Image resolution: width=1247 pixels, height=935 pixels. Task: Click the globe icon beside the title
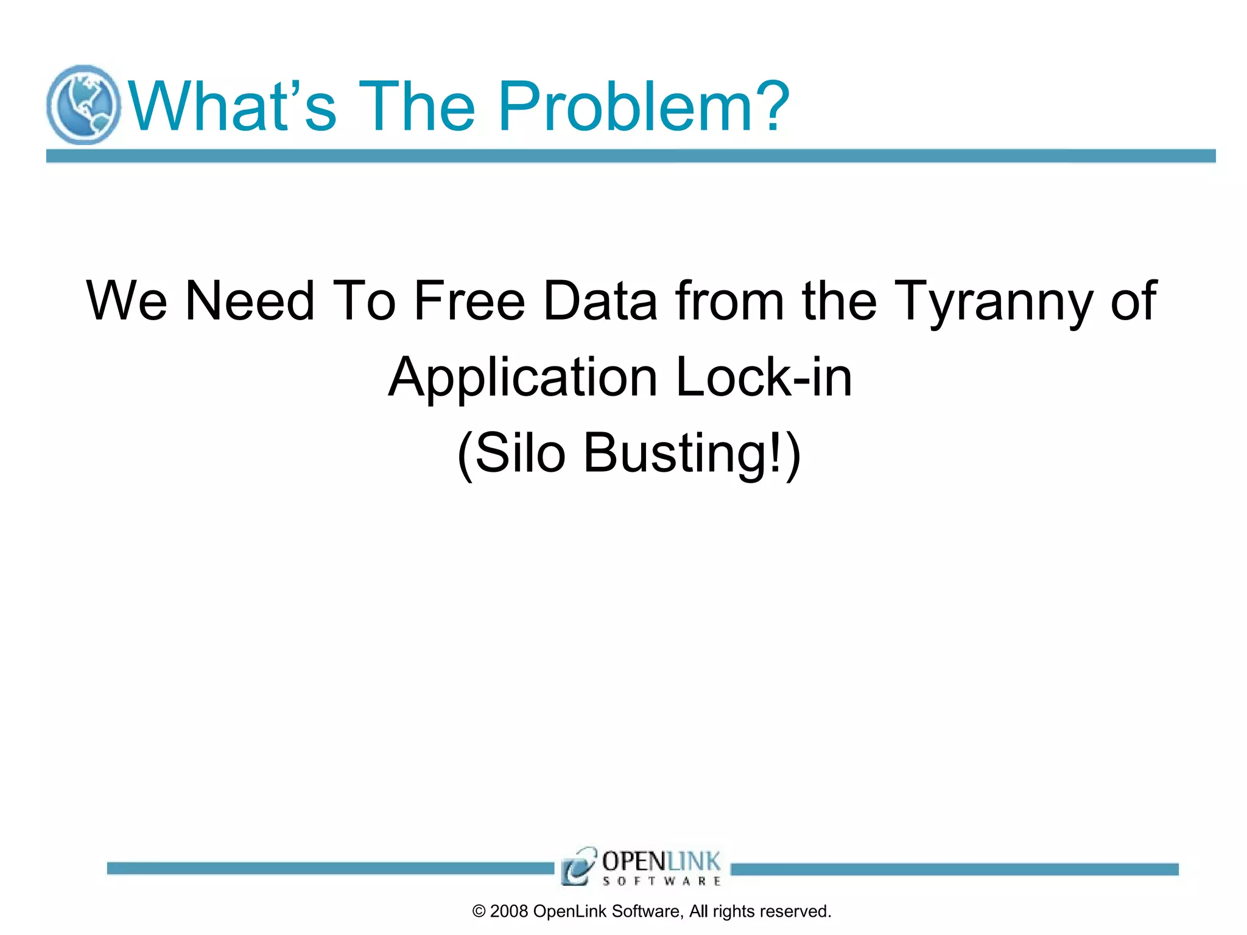tap(83, 105)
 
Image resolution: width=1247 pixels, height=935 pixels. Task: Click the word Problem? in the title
tap(644, 107)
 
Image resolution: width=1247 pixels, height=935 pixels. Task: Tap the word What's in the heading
tap(232, 107)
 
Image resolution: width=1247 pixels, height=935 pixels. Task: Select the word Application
tap(523, 377)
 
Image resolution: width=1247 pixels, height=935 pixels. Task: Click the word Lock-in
tap(764, 377)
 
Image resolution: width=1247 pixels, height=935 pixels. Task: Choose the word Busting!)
tap(692, 453)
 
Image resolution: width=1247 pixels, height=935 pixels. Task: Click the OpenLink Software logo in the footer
tap(641, 866)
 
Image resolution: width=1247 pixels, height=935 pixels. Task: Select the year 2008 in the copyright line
tap(508, 911)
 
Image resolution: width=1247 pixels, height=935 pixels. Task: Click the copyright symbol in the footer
tap(479, 911)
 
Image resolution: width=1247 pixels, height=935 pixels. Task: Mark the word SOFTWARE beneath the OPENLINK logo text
tap(661, 881)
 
